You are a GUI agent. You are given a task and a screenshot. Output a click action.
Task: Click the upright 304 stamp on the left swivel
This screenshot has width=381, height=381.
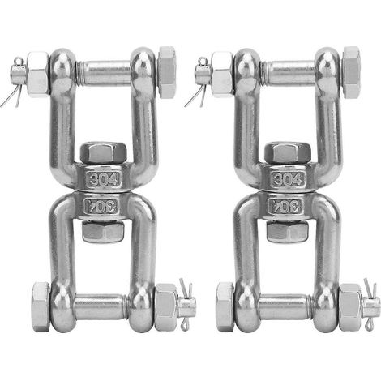click(103, 179)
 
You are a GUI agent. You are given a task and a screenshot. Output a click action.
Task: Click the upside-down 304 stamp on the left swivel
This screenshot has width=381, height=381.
click(101, 206)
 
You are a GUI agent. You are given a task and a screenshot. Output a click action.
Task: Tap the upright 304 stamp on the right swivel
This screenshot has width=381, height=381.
click(287, 179)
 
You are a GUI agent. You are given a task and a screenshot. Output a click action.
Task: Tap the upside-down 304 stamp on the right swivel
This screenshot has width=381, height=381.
click(285, 206)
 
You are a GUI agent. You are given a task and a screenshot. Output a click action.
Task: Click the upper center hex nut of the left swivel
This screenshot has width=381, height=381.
click(104, 153)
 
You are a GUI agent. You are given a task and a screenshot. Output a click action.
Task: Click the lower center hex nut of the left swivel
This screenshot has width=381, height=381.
click(103, 232)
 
